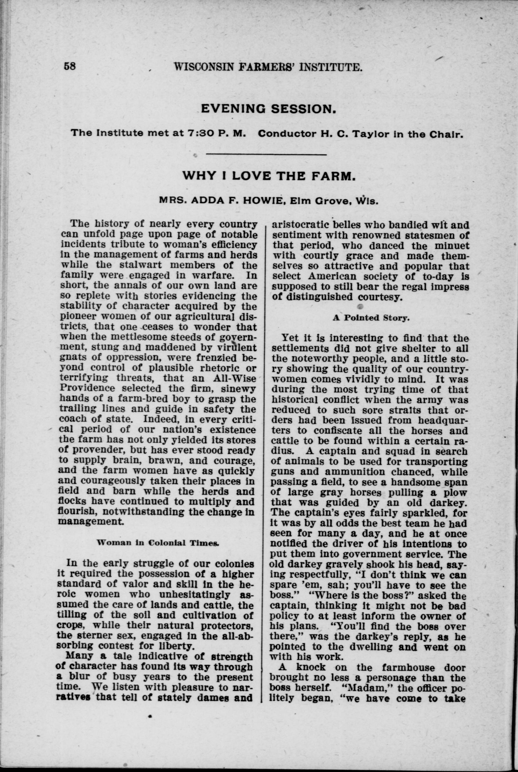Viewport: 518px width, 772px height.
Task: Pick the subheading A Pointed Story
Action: [x=371, y=318]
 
